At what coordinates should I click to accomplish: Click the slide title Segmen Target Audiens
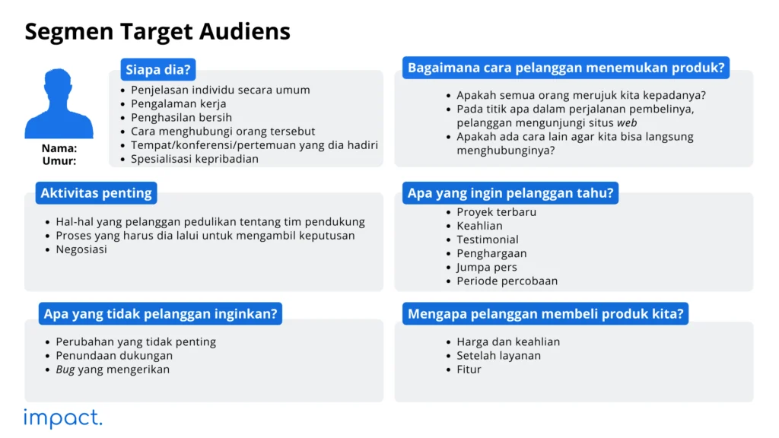(x=157, y=31)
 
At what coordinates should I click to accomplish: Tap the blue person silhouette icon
(x=59, y=104)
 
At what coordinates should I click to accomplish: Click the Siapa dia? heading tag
(x=157, y=70)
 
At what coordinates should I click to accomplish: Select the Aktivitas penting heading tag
(x=96, y=193)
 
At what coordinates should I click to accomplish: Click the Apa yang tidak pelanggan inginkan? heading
(x=161, y=313)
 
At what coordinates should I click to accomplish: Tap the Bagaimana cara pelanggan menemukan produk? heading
(x=566, y=68)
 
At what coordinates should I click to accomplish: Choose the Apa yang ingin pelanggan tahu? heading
(x=510, y=193)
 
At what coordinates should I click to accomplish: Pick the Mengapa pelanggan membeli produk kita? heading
(x=545, y=313)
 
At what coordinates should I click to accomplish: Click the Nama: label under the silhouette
(x=59, y=148)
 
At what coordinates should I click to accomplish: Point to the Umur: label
(x=59, y=161)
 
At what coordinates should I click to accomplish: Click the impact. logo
(x=62, y=417)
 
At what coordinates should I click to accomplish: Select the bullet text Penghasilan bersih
(x=181, y=118)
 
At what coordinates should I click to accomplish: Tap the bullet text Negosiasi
(x=81, y=249)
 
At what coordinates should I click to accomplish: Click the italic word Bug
(x=65, y=370)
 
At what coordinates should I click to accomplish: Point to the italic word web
(x=627, y=123)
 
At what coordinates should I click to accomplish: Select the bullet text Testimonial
(x=487, y=240)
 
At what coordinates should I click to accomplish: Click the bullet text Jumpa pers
(x=486, y=267)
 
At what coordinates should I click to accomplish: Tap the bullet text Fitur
(x=469, y=370)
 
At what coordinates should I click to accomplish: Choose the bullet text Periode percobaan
(x=507, y=281)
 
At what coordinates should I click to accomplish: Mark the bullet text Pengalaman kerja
(x=178, y=103)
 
